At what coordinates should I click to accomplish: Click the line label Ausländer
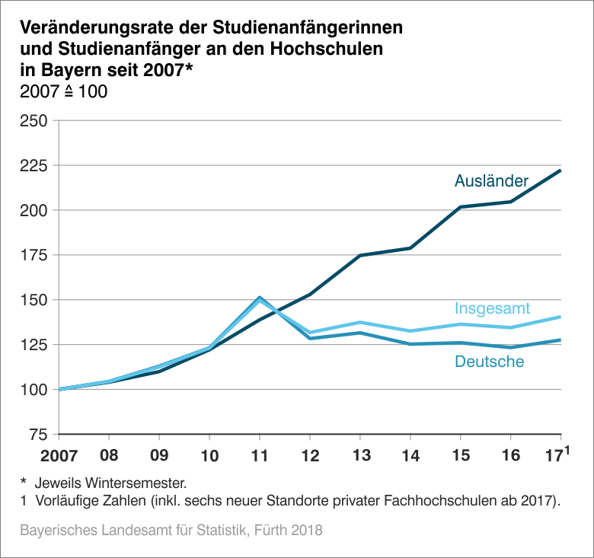click(x=491, y=180)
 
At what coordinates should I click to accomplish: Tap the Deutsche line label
click(x=489, y=362)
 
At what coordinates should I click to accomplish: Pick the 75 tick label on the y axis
click(x=39, y=435)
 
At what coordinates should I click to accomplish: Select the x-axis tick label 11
click(x=259, y=457)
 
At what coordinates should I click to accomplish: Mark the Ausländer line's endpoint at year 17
click(x=560, y=171)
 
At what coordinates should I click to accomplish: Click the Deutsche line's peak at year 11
click(x=260, y=298)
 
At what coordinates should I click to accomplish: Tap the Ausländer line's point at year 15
click(x=460, y=207)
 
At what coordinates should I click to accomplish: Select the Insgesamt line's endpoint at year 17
click(x=560, y=317)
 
